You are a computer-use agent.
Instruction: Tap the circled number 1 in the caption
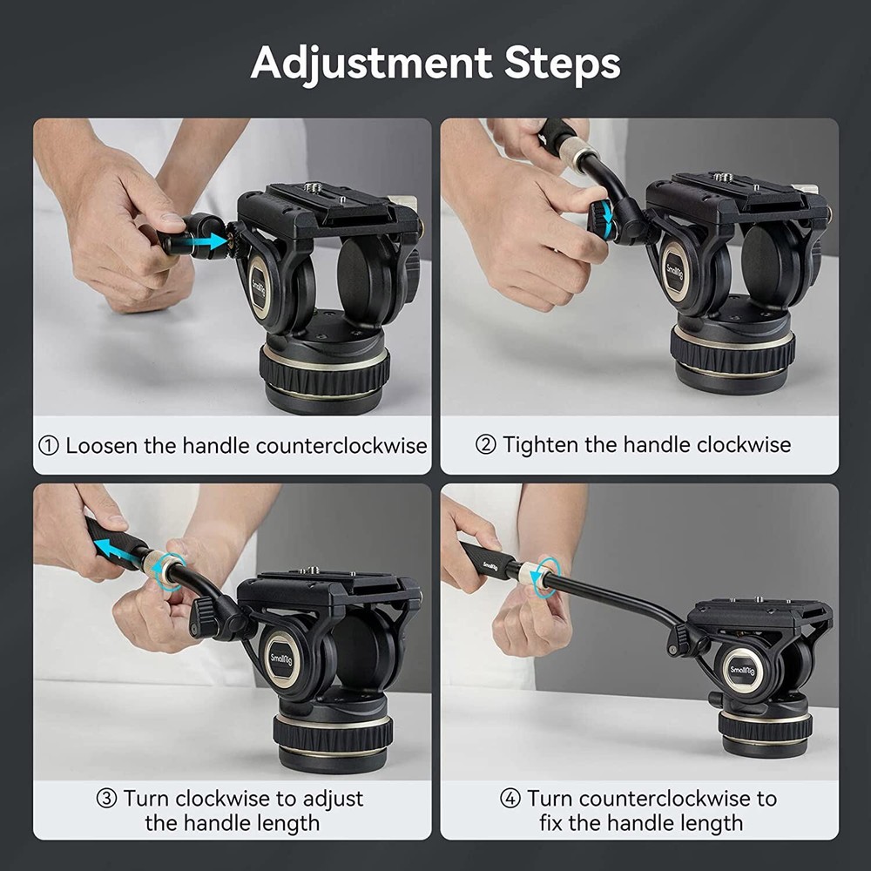(x=49, y=446)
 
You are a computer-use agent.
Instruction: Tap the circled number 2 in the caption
(x=486, y=445)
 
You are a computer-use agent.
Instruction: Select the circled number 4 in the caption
(x=511, y=799)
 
